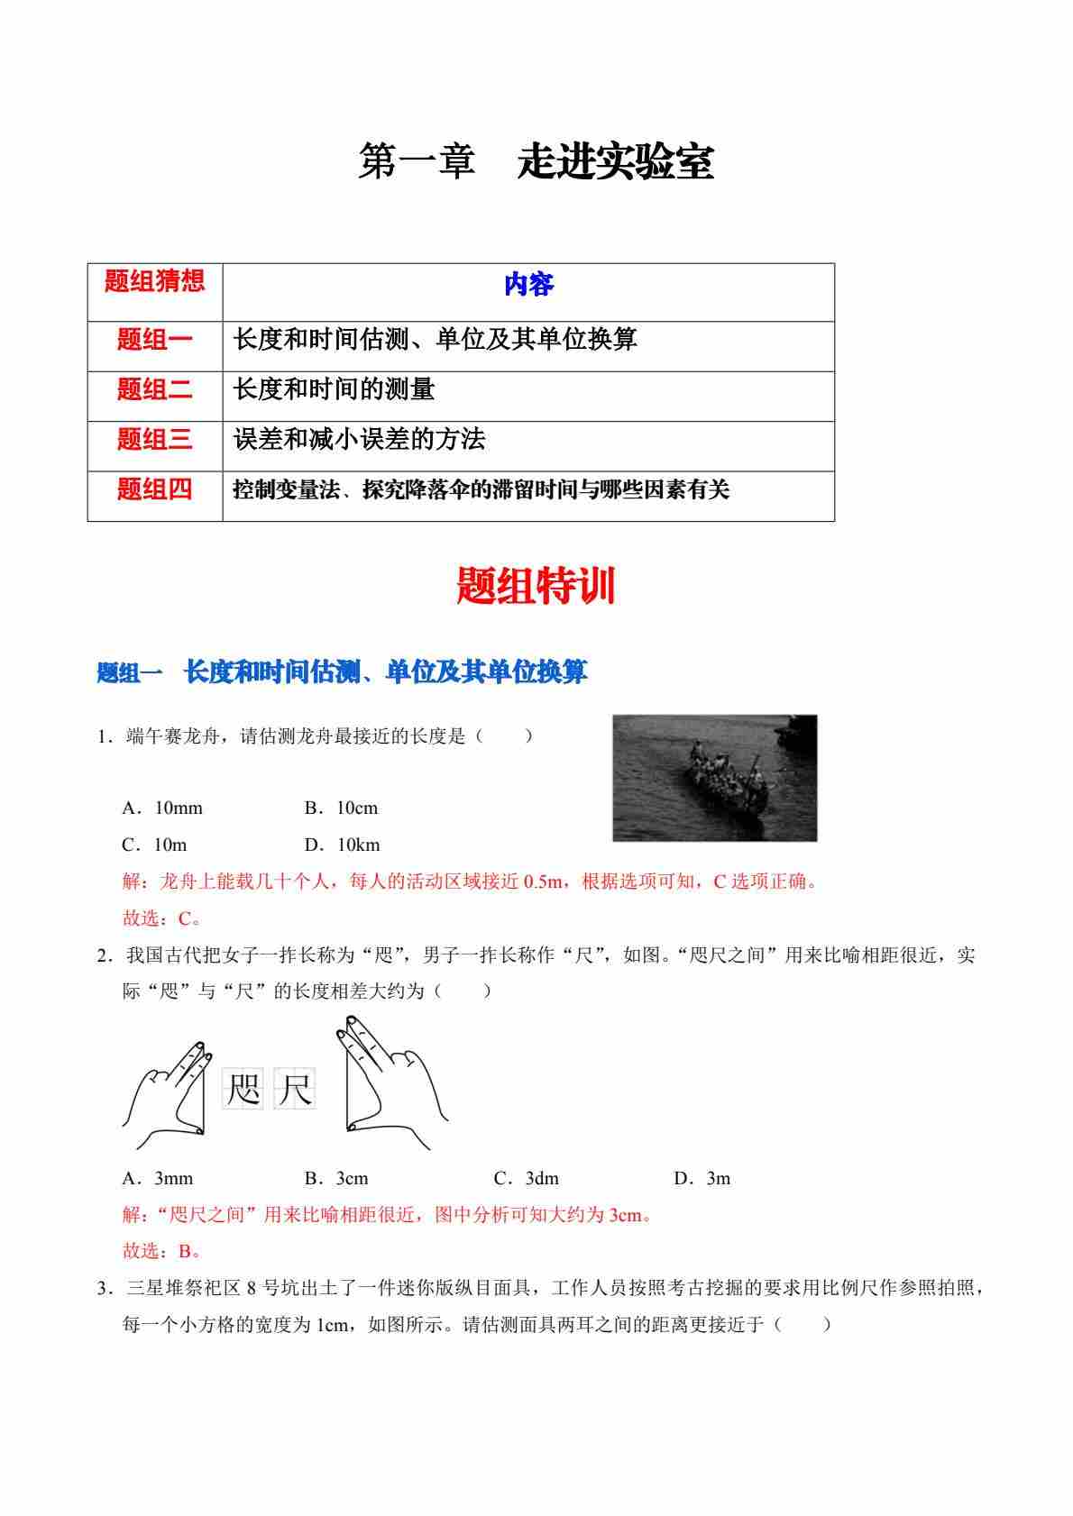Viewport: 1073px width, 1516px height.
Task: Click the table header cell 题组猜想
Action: [x=154, y=281]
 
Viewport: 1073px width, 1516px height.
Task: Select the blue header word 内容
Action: [x=528, y=286]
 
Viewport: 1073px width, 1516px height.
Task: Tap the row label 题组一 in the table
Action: [x=154, y=340]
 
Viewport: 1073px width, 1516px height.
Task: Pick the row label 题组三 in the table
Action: [x=154, y=440]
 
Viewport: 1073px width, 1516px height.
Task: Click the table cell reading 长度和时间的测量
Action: [x=334, y=389]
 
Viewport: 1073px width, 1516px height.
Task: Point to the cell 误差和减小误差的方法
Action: [x=359, y=440]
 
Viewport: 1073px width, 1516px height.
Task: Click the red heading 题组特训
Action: [x=536, y=587]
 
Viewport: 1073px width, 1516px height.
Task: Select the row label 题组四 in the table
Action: [x=154, y=489]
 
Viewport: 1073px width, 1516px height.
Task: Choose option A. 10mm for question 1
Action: [x=162, y=808]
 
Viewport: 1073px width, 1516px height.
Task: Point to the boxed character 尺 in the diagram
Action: [x=295, y=1090]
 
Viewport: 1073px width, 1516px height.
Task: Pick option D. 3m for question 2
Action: [x=702, y=1179]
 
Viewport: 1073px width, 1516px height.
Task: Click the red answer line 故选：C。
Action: [x=162, y=918]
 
